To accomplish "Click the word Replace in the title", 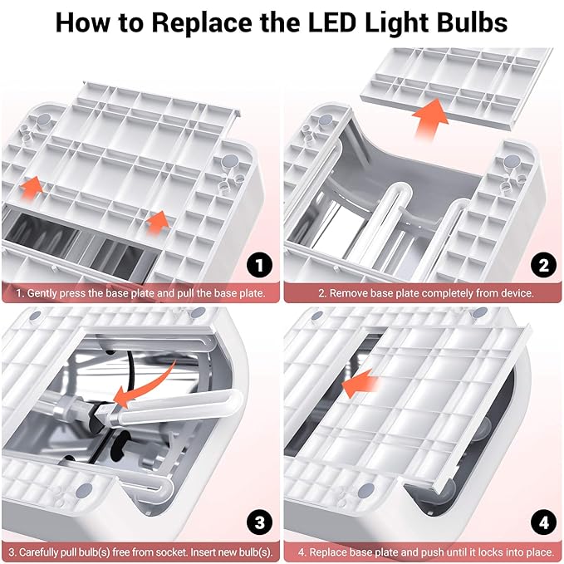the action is [202, 23].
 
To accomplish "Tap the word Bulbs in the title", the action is [472, 22].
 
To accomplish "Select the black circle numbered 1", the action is [259, 266].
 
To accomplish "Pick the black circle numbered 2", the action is [543, 266].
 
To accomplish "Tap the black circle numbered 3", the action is [259, 522].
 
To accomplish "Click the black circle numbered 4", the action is [543, 522].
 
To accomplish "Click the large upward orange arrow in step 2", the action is [429, 118].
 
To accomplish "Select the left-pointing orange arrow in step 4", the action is [360, 384].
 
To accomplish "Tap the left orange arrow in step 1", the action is [32, 187].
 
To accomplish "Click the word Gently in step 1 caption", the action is [42, 293].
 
